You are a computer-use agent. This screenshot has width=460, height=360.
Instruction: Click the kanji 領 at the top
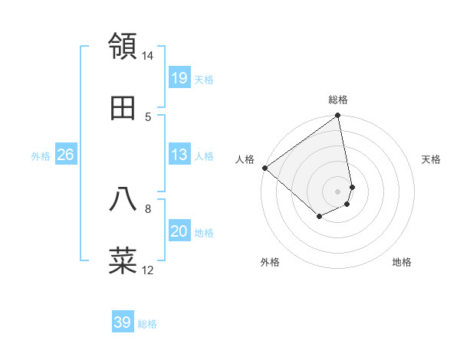click(123, 46)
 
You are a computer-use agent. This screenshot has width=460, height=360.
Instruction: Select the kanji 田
click(123, 109)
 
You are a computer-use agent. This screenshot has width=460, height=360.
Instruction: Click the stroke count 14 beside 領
click(148, 56)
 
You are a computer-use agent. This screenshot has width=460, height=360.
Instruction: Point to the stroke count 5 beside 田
click(148, 116)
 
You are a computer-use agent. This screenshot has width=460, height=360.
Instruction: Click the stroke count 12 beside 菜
click(148, 270)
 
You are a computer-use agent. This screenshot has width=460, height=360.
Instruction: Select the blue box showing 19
click(179, 77)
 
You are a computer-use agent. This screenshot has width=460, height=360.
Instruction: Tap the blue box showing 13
click(179, 155)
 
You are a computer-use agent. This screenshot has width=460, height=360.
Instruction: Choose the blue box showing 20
click(179, 231)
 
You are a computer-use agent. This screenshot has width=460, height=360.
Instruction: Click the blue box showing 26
click(65, 155)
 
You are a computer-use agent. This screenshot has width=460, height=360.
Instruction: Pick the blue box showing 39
click(123, 322)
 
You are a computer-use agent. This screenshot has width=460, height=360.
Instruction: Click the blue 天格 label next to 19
click(204, 79)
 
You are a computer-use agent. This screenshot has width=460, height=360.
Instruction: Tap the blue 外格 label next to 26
click(41, 156)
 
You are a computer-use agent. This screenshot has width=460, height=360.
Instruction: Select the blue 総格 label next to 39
click(147, 324)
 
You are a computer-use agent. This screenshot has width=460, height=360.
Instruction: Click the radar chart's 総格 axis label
click(338, 100)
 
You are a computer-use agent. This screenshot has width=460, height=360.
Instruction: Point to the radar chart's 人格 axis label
click(245, 159)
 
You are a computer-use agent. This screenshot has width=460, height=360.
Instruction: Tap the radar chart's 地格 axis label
click(402, 262)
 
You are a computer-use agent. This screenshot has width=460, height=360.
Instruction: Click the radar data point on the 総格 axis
click(338, 116)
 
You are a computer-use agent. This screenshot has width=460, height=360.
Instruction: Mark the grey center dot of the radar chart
click(338, 191)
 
